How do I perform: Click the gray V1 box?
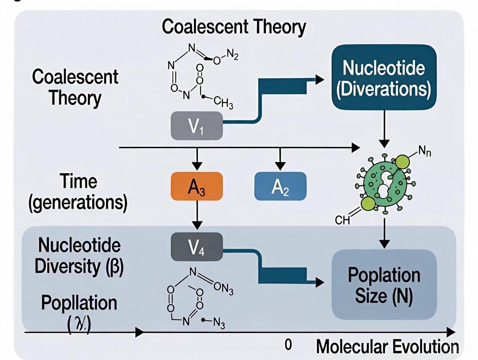[x=197, y=125]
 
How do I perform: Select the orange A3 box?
[x=197, y=186]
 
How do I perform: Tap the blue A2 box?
[x=280, y=186]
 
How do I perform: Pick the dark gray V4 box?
[x=197, y=247]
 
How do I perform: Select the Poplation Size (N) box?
[x=384, y=285]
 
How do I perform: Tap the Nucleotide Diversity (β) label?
[x=79, y=256]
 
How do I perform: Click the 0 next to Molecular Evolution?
[x=288, y=345]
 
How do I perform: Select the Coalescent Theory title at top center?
[x=234, y=27]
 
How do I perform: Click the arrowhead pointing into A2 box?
[x=280, y=166]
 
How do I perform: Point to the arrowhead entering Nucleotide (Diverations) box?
[x=320, y=80]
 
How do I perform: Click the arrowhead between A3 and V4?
[x=197, y=225]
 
